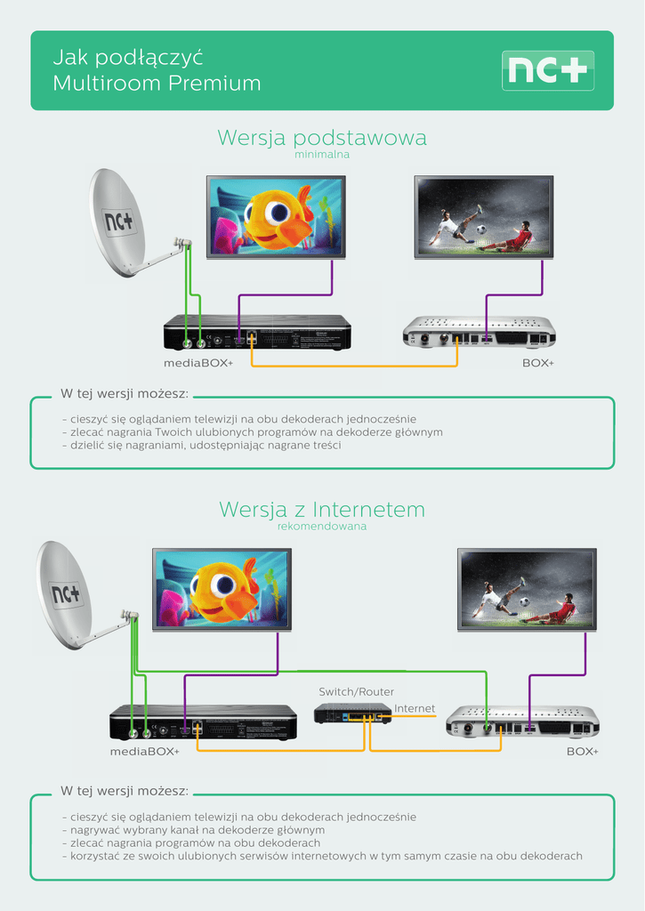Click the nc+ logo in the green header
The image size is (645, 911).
tap(548, 70)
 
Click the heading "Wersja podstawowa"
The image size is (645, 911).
tap(322, 138)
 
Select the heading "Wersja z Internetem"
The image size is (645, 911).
tap(322, 510)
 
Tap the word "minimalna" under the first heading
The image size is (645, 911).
tap(322, 155)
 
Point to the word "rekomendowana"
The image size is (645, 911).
tap(322, 527)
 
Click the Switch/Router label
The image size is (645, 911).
tap(356, 691)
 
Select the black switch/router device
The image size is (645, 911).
tap(353, 713)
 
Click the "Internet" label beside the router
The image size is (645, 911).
tap(415, 709)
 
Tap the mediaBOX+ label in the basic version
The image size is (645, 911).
tap(198, 364)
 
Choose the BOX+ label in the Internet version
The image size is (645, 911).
tap(582, 752)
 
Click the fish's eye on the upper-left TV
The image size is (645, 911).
tap(278, 212)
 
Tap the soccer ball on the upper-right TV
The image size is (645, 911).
tap(480, 229)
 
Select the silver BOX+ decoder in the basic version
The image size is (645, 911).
tap(479, 332)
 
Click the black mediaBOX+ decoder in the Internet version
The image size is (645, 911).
tap(203, 722)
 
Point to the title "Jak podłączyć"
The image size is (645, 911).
tap(128, 58)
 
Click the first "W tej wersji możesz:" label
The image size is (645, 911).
tap(124, 393)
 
